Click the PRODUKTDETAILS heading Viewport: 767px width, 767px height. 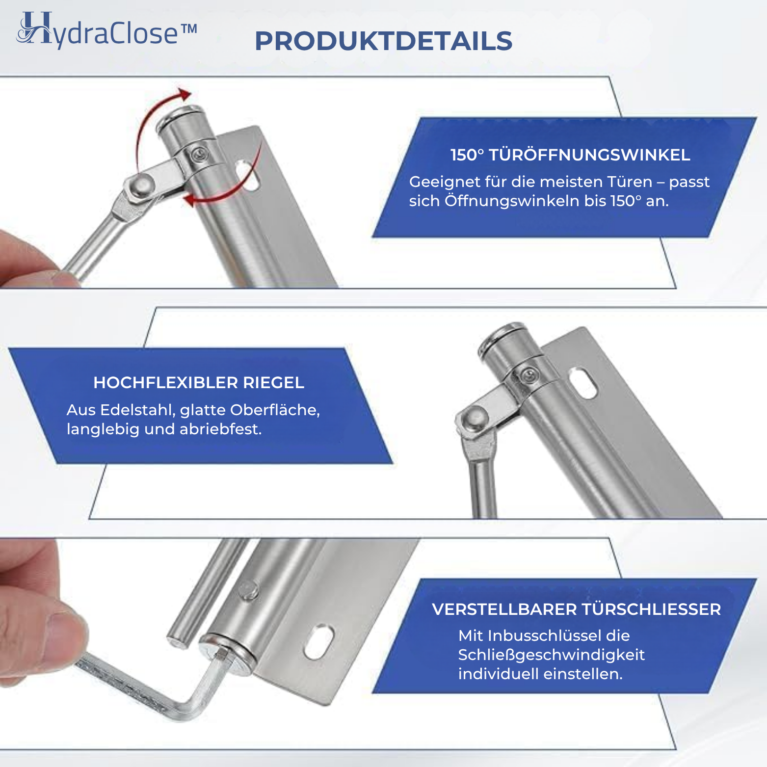[x=383, y=41]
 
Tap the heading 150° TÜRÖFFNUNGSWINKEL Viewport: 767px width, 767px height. [x=570, y=155]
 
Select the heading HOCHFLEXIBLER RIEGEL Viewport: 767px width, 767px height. [x=199, y=383]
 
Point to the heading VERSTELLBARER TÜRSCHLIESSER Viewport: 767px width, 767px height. [x=576, y=609]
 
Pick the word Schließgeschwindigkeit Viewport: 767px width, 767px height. [x=551, y=655]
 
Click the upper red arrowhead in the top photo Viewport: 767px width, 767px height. [x=184, y=94]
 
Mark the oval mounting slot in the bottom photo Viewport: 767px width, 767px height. [x=319, y=641]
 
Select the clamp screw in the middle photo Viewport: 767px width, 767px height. [x=528, y=376]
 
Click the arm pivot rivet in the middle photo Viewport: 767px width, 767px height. [x=475, y=418]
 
